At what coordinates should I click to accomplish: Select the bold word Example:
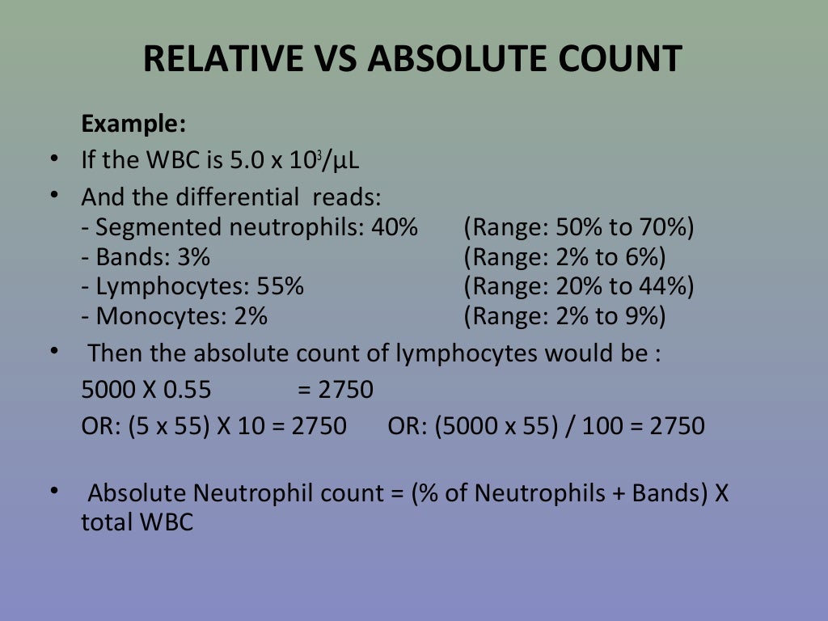(x=133, y=125)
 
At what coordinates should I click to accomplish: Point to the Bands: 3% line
(x=146, y=258)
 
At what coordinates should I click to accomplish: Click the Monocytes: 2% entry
(x=174, y=316)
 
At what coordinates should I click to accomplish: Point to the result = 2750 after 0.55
(x=336, y=391)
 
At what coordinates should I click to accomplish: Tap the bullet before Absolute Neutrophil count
(x=54, y=491)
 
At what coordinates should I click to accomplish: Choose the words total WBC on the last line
(x=137, y=522)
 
